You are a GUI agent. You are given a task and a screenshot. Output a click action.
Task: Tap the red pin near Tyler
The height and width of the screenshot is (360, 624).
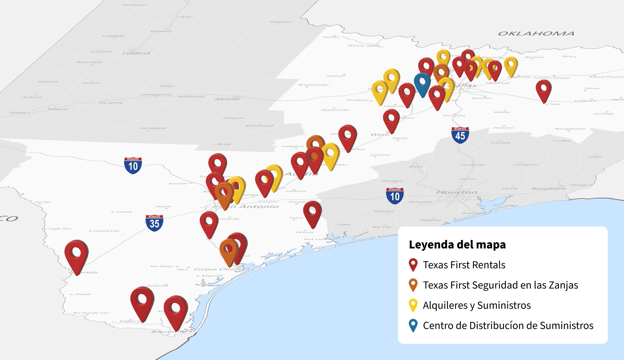tap(543, 89)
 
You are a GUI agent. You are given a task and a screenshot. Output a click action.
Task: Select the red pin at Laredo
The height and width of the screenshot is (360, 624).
tap(77, 254)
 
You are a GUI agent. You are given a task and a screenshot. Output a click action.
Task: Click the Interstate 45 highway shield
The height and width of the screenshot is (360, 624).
tap(460, 135)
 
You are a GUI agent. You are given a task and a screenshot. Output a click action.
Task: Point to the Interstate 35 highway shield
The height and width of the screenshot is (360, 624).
tap(154, 223)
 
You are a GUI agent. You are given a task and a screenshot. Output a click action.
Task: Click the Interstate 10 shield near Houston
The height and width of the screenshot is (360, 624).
tap(395, 196)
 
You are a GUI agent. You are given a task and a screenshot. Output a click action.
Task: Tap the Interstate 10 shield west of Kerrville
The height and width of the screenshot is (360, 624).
tap(133, 165)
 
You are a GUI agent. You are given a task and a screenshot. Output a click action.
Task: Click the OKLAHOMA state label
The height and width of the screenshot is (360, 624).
tap(536, 33)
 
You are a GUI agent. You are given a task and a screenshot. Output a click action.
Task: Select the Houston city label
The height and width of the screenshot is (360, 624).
tap(456, 192)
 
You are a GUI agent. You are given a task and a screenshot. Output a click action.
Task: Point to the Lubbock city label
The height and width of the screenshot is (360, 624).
tap(136, 53)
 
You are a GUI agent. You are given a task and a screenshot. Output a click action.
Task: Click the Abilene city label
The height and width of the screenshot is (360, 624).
tap(227, 99)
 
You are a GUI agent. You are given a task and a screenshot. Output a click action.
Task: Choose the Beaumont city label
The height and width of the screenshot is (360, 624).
tap(548, 188)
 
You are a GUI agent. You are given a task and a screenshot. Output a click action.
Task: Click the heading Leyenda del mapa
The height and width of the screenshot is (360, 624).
tap(457, 244)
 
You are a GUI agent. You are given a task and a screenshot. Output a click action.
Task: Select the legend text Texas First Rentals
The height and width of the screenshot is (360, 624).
tap(464, 265)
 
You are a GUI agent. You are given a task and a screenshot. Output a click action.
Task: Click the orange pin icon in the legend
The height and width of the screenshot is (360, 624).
tap(413, 285)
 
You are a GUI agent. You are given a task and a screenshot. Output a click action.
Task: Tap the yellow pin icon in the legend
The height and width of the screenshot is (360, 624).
tap(413, 305)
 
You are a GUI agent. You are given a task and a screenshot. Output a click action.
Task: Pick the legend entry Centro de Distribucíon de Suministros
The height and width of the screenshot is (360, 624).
tap(508, 325)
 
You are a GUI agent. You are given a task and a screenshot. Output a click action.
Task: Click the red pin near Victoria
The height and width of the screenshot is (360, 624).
tap(312, 212)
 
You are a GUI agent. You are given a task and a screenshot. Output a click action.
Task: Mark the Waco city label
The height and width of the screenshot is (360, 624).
tap(380, 134)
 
